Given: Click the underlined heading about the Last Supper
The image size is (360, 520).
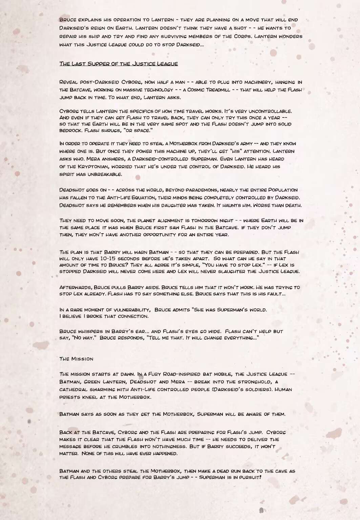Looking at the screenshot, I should pos(119,64).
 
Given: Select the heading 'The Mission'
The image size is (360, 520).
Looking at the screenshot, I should pos(76,359).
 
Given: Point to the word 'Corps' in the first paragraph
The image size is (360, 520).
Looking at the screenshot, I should pos(242,36).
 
